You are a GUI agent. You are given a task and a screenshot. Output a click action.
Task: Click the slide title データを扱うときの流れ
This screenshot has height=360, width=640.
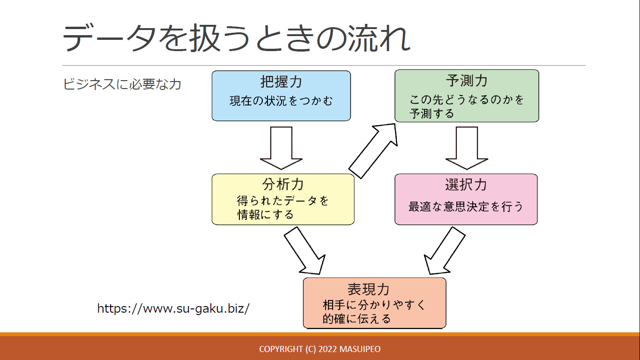coord(236,38)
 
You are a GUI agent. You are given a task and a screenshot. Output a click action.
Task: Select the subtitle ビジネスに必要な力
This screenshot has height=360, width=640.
coord(122,84)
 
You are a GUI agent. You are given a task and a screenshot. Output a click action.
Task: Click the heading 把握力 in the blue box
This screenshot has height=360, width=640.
coord(281,82)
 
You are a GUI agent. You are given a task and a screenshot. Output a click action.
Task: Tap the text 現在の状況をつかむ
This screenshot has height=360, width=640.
coord(281,101)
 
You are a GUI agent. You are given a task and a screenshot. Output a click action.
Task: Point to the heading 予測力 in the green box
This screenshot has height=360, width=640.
coord(467,81)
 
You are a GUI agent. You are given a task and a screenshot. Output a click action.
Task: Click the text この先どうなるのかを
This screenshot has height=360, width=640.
coord(467,99)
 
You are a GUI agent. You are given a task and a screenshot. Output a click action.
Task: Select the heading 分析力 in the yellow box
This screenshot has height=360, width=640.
coord(283,184)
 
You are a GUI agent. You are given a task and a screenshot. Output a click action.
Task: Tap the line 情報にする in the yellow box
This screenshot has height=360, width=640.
coord(266,215)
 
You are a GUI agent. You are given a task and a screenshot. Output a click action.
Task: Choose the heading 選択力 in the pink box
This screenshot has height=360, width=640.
coord(466,184)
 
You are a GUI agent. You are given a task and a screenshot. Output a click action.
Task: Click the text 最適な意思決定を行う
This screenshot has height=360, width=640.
coord(466,206)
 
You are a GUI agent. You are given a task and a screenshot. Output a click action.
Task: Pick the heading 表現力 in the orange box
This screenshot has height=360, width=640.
coord(368,289)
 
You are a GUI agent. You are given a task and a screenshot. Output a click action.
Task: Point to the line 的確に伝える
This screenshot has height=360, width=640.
coord(357,319)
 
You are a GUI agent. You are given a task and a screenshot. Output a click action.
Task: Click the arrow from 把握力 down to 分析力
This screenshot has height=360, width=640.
coord(281,148)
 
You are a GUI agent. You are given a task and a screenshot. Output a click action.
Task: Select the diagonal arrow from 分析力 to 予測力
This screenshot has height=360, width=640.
coord(373,151)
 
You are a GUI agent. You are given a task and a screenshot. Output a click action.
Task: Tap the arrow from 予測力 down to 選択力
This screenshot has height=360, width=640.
coord(467,148)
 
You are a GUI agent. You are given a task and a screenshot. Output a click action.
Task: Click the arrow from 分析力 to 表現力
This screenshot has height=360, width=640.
coord(305,251)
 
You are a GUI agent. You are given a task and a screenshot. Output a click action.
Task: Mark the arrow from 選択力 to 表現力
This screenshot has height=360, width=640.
coord(445,251)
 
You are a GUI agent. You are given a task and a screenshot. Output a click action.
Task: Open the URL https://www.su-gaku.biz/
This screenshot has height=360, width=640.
coord(173,308)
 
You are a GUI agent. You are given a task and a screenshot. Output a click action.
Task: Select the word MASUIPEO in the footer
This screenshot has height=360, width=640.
coord(360,349)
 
